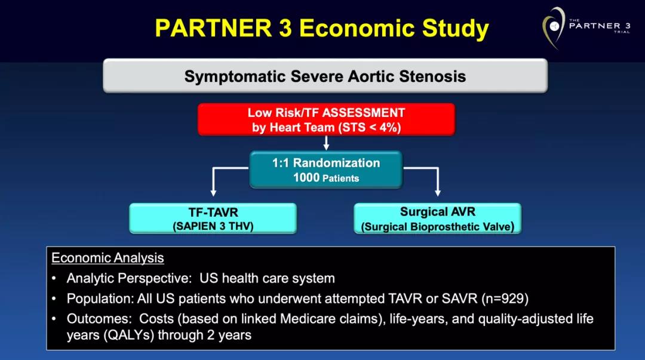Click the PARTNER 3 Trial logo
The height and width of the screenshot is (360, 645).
point(586,27)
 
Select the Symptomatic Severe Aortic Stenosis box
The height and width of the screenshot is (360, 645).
point(325,76)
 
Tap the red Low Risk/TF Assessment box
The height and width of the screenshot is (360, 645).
point(326,119)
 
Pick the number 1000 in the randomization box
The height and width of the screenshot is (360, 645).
point(306,178)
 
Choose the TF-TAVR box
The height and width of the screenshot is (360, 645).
point(213,219)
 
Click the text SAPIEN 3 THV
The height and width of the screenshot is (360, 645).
point(213,226)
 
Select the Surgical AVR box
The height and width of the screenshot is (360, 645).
point(438,219)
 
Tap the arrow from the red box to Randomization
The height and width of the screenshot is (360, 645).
point(326,143)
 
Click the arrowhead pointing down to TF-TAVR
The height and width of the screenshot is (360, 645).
point(213,193)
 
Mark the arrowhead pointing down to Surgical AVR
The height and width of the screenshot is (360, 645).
point(438,193)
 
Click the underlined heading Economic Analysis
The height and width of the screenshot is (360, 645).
point(107,258)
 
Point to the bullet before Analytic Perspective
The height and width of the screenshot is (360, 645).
point(54,279)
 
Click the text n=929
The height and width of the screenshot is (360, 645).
point(505,299)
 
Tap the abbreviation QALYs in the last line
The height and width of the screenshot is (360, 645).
point(128,336)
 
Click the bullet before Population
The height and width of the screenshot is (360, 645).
point(54,299)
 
